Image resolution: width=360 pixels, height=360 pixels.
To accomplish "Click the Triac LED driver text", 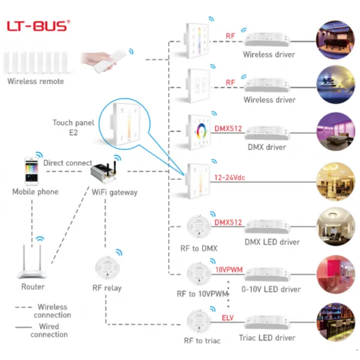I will (268, 338).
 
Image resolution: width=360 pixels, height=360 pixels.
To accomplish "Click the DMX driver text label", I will (268, 146).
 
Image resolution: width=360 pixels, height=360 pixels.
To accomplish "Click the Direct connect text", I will (68, 163).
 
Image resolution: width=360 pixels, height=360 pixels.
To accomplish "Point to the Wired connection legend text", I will (49, 330).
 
